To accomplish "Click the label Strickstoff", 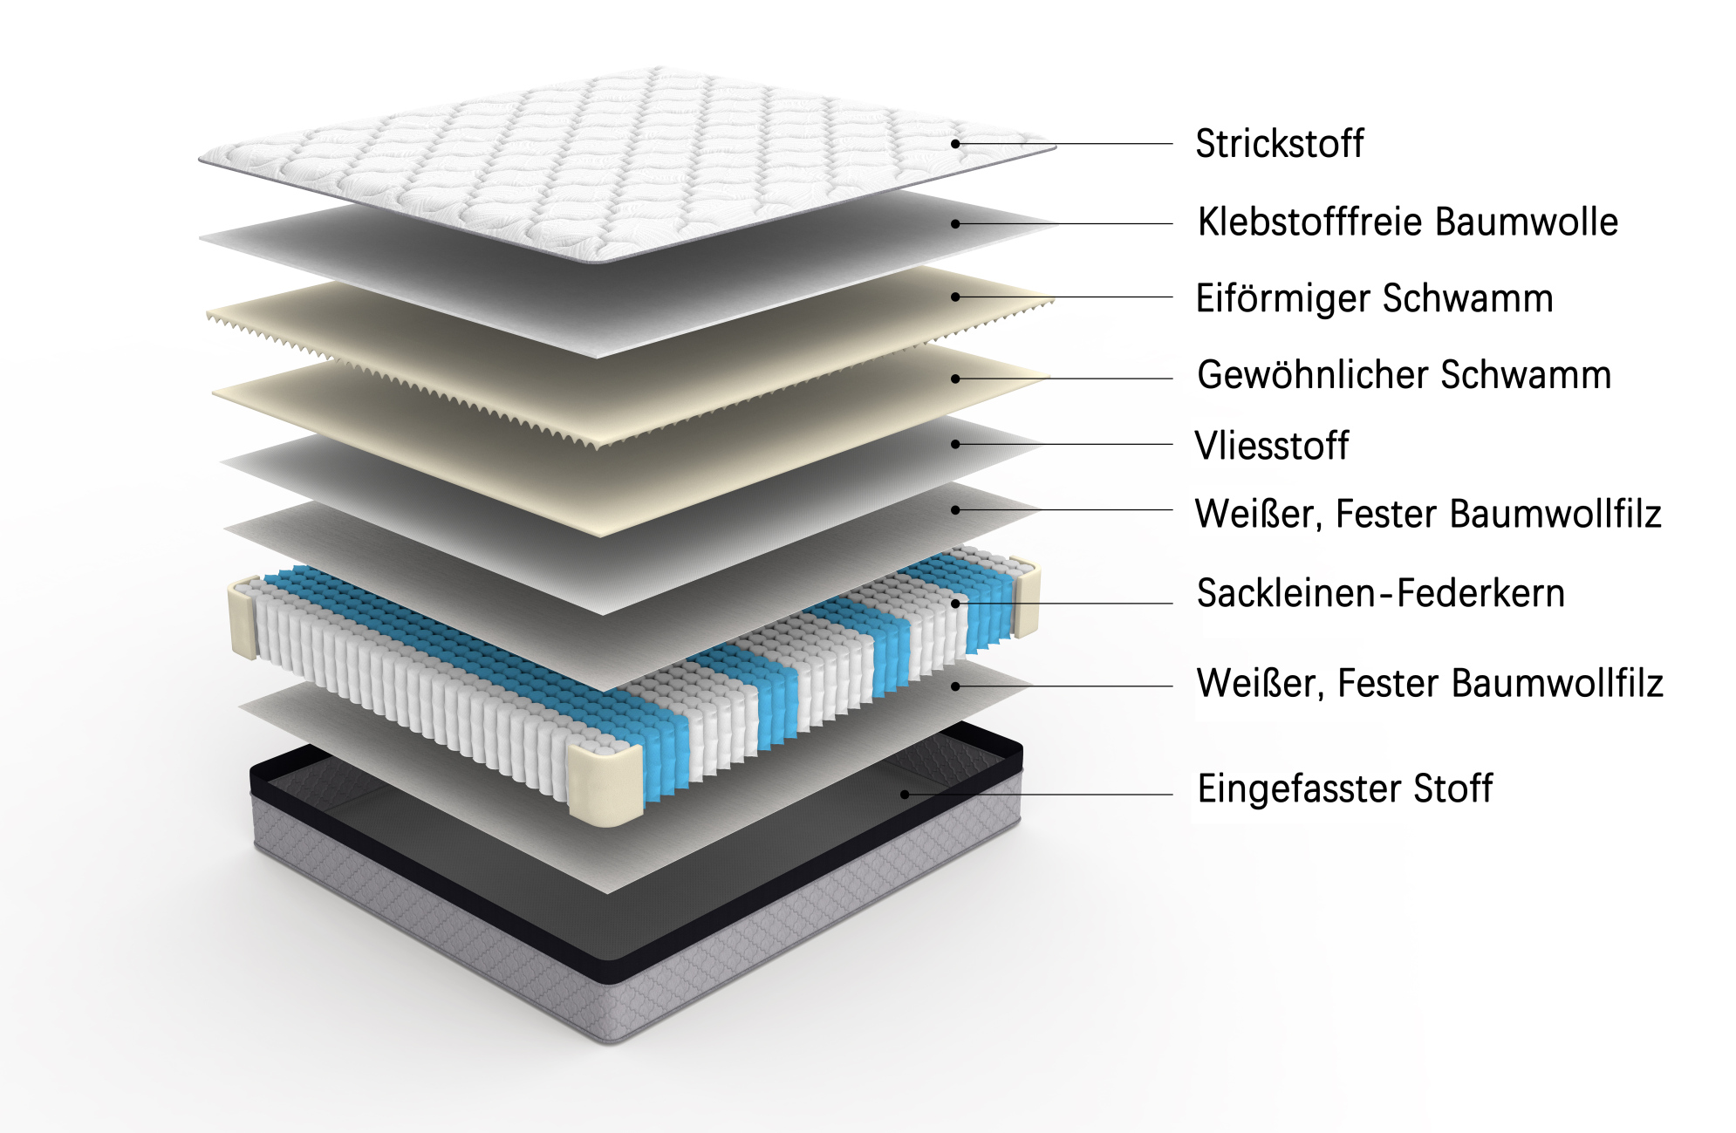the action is [1279, 144].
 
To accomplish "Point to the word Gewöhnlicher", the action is [1313, 375].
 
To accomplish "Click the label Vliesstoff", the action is [1272, 446].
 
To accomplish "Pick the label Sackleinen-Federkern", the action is [1381, 593].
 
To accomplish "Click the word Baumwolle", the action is [1527, 222].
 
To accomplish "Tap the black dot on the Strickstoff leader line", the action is [955, 144].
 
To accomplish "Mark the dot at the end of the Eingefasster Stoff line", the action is [905, 795].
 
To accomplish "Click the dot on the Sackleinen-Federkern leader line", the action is [955, 603].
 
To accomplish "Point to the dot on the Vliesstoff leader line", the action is [955, 444].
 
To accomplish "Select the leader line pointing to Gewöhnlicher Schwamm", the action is [1064, 379].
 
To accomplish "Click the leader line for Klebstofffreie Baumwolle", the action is [1064, 224].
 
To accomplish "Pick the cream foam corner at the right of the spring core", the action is [1026, 597].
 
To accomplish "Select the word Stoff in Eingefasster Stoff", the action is [1453, 789].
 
